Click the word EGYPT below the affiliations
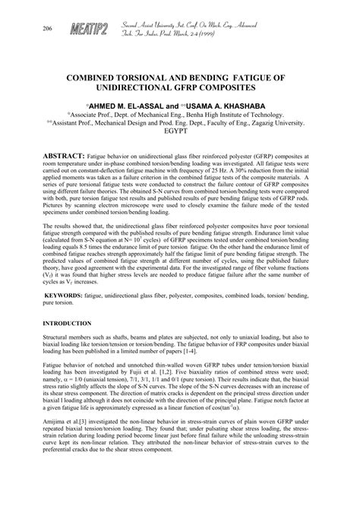pos(181,130)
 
